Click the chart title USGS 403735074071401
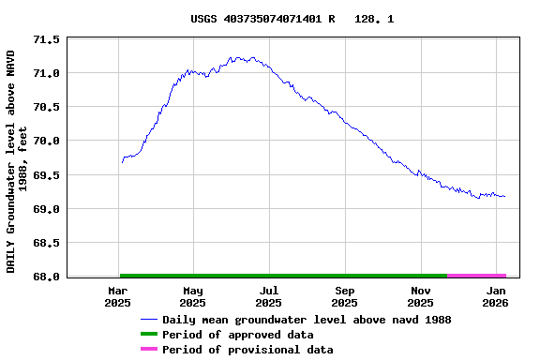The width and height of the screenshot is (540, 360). [292, 19]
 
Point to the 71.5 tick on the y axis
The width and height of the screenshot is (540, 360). [46, 40]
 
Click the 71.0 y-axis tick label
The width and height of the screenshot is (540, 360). [46, 73]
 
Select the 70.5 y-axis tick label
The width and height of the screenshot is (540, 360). [46, 107]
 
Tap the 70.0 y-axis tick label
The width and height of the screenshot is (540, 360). [46, 141]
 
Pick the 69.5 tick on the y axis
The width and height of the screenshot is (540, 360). [46, 175]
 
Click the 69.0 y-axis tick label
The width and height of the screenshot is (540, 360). [46, 209]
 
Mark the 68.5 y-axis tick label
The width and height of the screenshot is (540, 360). [46, 243]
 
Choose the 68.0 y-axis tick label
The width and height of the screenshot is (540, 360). [46, 277]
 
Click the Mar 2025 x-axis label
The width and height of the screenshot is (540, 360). [117, 297]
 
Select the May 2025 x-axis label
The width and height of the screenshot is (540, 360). [192, 297]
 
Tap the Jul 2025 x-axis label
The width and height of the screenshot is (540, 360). [268, 297]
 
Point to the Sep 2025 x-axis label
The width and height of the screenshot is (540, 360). [344, 297]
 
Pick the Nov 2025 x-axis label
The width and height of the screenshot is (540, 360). [420, 297]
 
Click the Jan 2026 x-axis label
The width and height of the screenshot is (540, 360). [495, 297]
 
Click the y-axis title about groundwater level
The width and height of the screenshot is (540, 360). [17, 161]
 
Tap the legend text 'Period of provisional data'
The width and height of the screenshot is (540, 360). [247, 350]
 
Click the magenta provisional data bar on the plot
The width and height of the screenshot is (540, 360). [476, 276]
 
